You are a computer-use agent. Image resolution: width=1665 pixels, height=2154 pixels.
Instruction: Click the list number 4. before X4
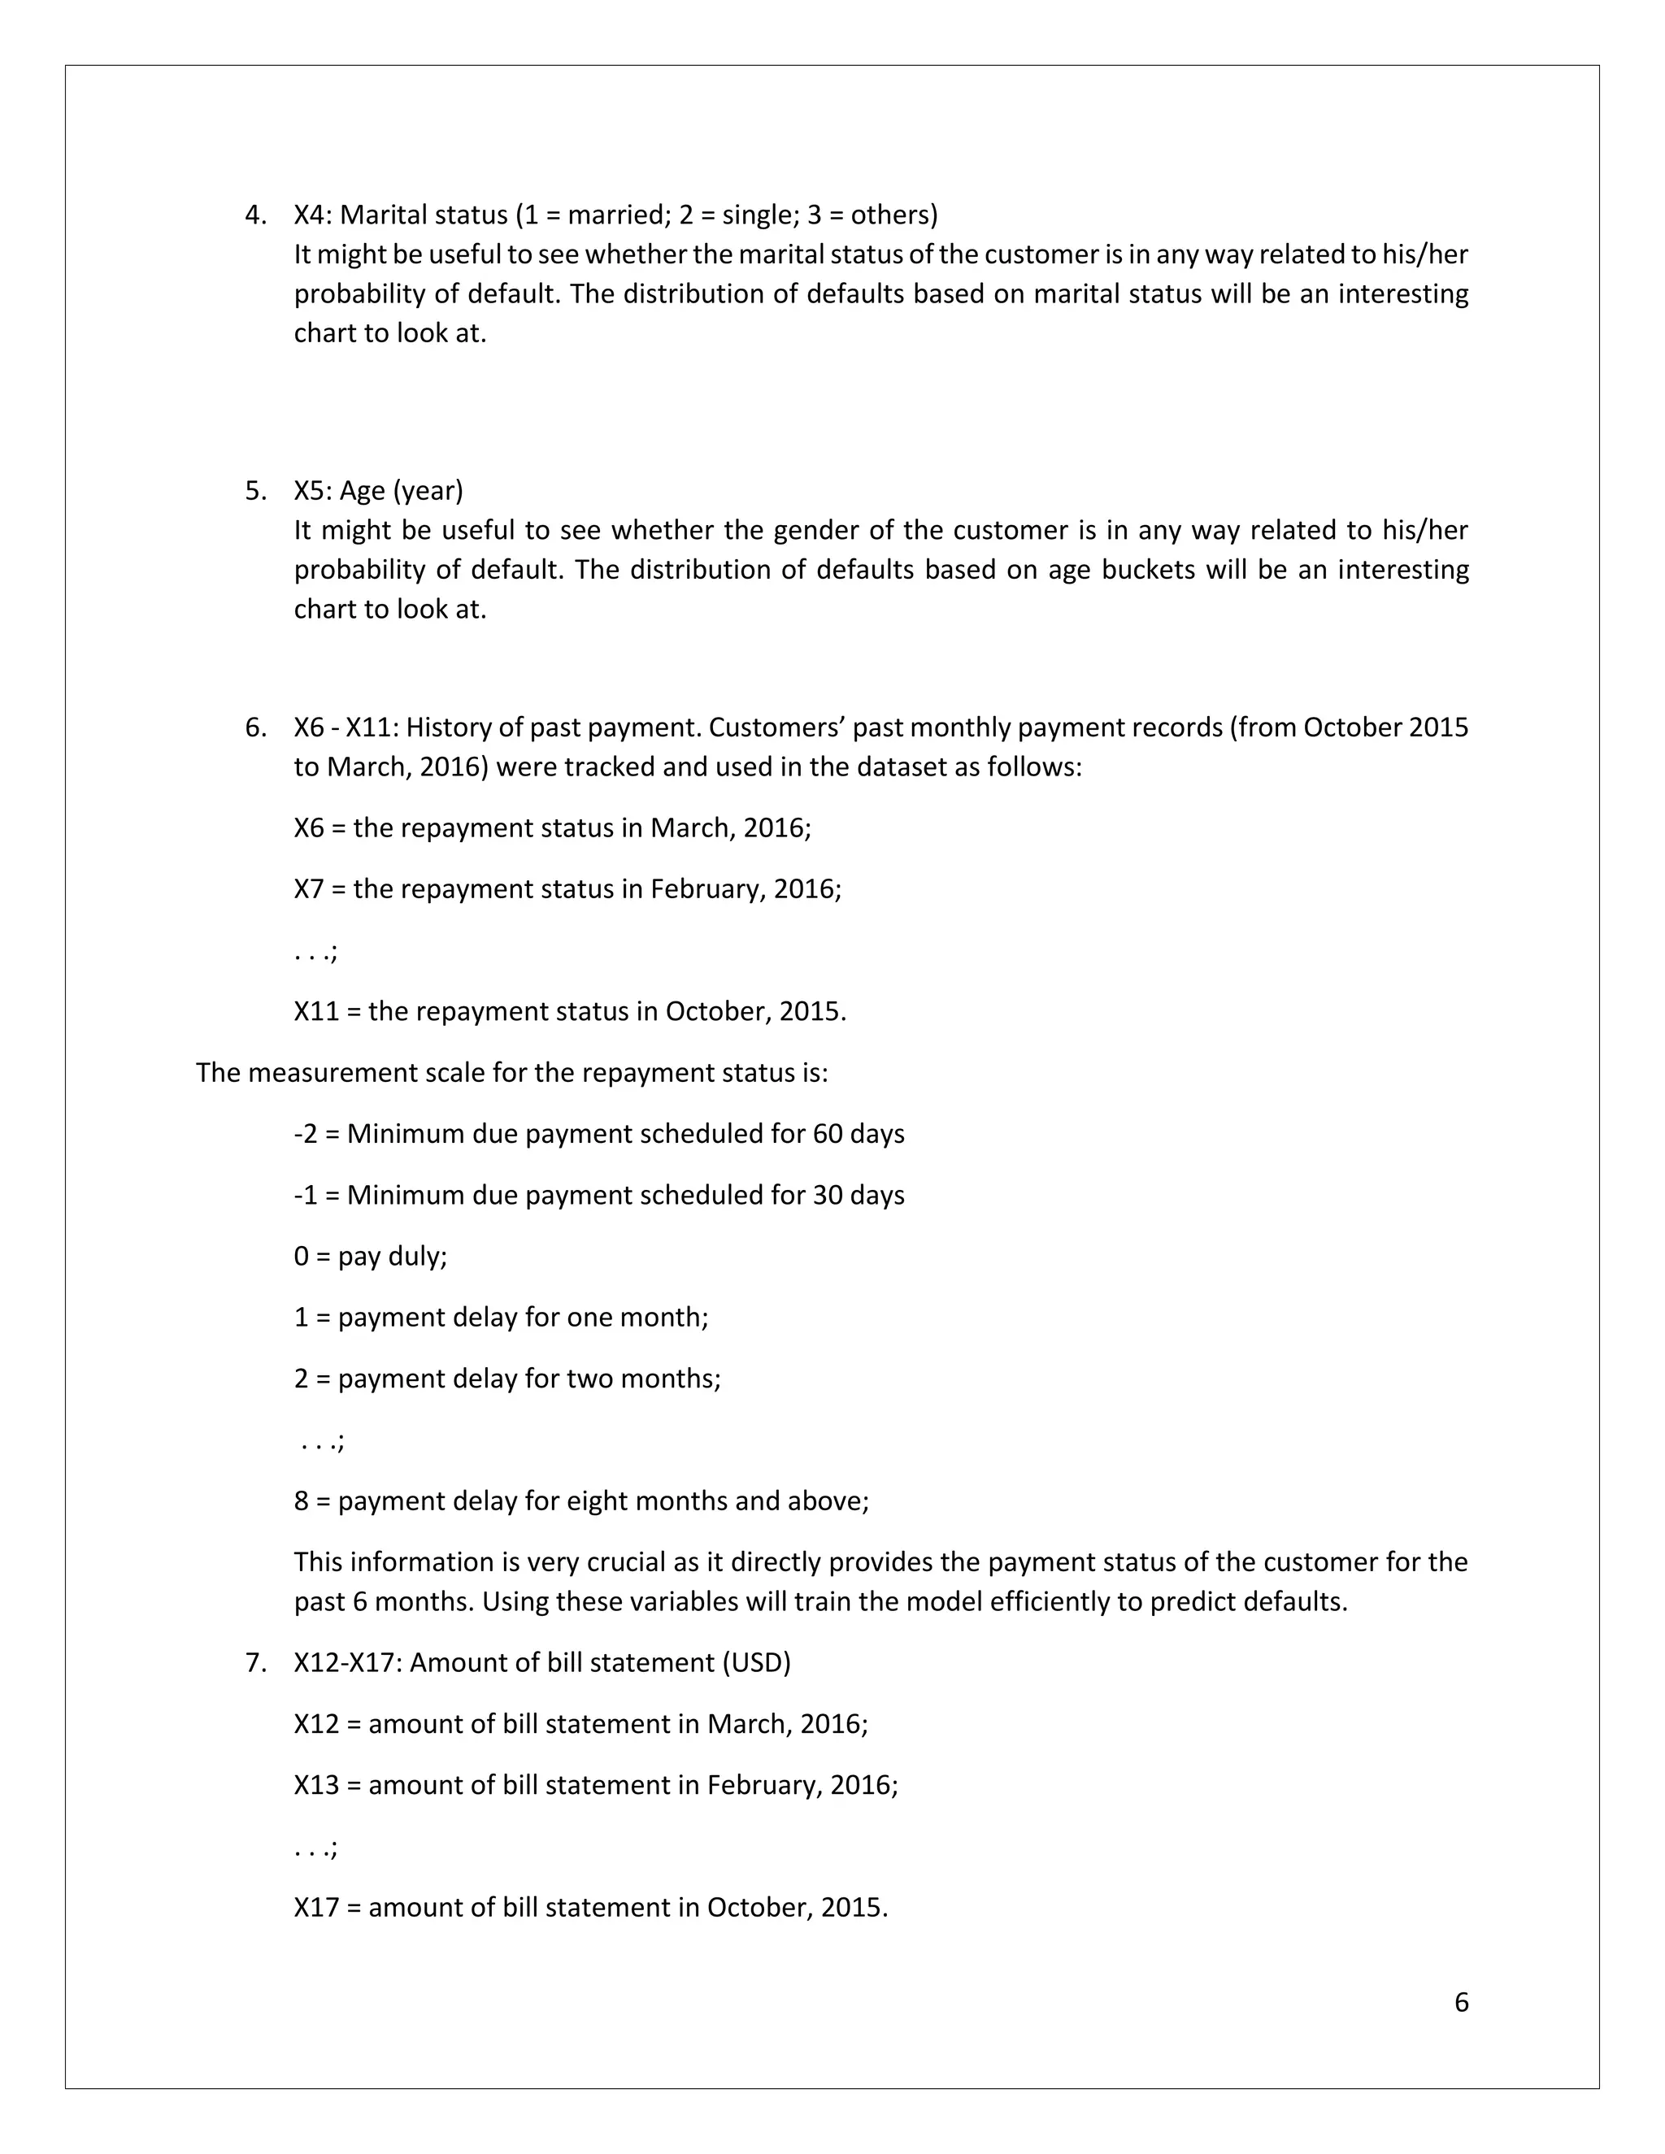tap(255, 215)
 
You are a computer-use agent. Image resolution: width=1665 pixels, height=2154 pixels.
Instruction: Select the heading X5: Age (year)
tap(378, 490)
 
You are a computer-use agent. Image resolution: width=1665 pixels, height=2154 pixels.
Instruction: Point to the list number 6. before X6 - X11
tap(255, 727)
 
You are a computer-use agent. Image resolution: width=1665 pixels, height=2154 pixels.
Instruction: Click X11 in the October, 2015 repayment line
tap(315, 1011)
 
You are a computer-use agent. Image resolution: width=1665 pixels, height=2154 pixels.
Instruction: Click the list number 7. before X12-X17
tap(255, 1662)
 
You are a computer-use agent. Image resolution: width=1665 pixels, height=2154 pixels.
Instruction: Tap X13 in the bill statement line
tap(315, 1784)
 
